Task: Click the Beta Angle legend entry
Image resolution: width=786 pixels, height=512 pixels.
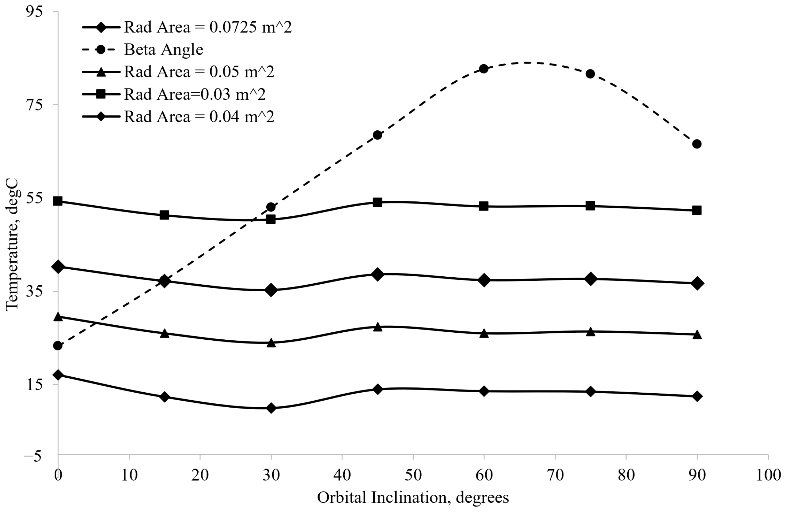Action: pyautogui.click(x=163, y=50)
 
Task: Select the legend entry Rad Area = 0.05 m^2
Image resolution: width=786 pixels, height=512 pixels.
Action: pyautogui.click(x=199, y=72)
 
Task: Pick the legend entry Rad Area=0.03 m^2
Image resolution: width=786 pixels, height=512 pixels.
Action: pyautogui.click(x=195, y=94)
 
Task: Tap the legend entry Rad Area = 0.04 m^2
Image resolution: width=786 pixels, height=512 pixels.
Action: pyautogui.click(x=199, y=117)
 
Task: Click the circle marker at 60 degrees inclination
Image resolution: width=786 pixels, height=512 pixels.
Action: pyautogui.click(x=484, y=69)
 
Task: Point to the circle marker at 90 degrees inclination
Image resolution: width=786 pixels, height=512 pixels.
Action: pyautogui.click(x=697, y=144)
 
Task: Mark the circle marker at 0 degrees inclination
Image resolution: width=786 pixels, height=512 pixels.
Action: pyautogui.click(x=58, y=346)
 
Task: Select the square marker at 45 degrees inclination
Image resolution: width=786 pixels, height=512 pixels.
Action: pyautogui.click(x=377, y=202)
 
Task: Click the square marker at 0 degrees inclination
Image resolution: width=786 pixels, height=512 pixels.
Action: pyautogui.click(x=58, y=201)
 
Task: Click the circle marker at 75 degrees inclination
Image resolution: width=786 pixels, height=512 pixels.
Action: pyautogui.click(x=590, y=74)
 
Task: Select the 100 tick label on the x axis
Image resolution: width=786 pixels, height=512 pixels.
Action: pyautogui.click(x=768, y=475)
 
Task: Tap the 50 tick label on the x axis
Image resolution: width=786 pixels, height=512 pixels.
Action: pyautogui.click(x=413, y=475)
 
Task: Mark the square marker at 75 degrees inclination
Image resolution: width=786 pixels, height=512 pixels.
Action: pyautogui.click(x=590, y=206)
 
